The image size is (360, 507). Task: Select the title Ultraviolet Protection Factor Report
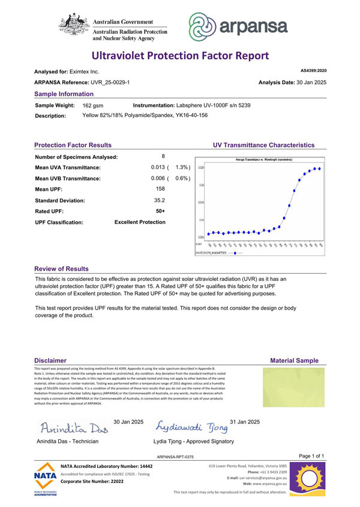[180, 56]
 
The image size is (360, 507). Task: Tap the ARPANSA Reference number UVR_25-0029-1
[109, 82]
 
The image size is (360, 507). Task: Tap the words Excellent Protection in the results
[140, 222]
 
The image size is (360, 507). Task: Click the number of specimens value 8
[163, 157]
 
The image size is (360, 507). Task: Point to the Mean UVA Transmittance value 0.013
[159, 167]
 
